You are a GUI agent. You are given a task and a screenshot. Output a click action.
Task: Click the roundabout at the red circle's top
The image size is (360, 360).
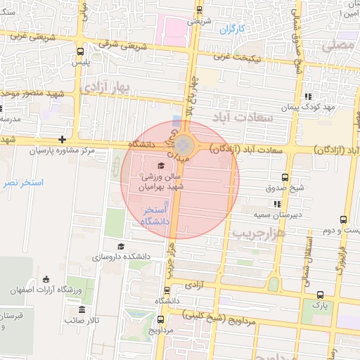click(x=184, y=146)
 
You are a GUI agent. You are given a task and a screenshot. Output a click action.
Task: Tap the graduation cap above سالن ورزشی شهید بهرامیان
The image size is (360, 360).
click(x=160, y=166)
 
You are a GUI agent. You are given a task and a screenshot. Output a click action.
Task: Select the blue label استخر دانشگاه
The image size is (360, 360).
click(x=154, y=215)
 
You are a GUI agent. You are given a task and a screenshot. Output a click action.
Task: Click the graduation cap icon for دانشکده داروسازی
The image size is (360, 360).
click(x=121, y=246)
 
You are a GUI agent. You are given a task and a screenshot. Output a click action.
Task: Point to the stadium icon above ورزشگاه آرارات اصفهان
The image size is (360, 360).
click(x=46, y=279)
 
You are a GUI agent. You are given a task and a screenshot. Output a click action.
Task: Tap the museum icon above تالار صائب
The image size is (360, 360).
click(x=82, y=310)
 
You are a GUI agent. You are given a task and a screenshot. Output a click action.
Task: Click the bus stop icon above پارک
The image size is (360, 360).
click(x=320, y=295)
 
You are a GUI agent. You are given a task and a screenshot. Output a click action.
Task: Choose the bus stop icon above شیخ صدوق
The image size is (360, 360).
click(x=285, y=177)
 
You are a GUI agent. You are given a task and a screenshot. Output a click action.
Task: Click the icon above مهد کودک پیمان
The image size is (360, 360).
click(x=307, y=97)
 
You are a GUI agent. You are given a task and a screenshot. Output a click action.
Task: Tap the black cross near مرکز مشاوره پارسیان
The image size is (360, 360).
click(x=63, y=139)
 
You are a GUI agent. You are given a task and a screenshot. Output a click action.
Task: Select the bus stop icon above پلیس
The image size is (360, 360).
click(x=79, y=51)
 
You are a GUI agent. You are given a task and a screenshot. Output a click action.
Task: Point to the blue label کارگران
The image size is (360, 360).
click(x=231, y=30)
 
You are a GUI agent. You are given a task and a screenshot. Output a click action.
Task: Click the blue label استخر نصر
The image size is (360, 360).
click(x=22, y=182)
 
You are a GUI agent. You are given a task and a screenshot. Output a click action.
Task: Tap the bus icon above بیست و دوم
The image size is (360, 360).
click(x=343, y=220)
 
